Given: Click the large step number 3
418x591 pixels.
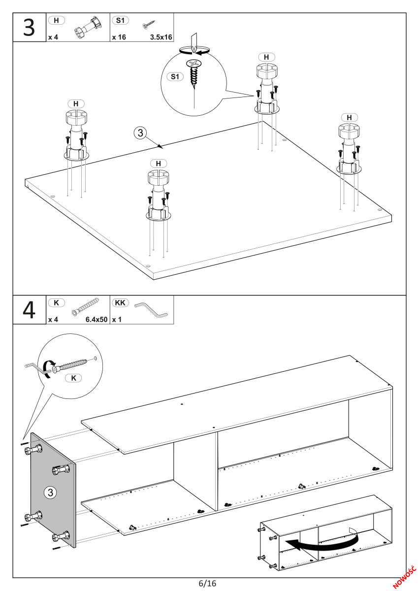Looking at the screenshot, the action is tap(29, 28).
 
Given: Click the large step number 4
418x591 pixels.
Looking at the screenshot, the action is tap(29, 310).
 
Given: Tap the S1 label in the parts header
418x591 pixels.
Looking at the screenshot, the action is tap(120, 20).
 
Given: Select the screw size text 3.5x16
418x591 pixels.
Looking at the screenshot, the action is tap(161, 37).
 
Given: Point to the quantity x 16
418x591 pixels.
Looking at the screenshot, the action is tap(119, 37).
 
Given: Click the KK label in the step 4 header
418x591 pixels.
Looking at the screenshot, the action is tap(120, 302).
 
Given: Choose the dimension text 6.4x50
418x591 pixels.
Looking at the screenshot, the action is tap(96, 320).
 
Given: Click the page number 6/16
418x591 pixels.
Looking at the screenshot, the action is tap(208, 583).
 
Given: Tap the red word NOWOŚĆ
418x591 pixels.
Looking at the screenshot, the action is tap(404, 577).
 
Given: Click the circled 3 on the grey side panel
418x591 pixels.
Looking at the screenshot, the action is tap(50, 492).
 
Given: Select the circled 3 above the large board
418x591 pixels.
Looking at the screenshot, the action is tap(140, 132).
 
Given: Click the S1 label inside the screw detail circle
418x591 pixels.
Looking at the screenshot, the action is tap(175, 77).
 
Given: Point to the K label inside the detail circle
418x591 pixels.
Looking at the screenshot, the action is tap(73, 378).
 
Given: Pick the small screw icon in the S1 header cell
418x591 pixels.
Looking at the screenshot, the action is tap(149, 25).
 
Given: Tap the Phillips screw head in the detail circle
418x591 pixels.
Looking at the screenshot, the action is tap(194, 64).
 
